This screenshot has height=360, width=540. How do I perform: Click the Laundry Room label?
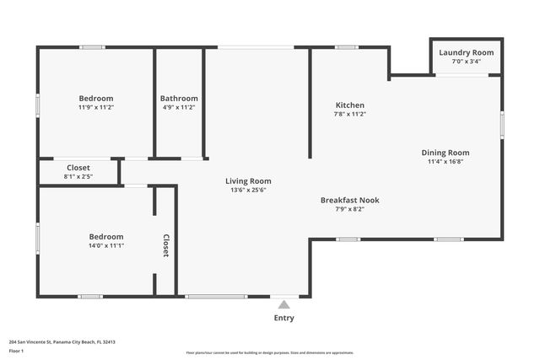click(466, 52)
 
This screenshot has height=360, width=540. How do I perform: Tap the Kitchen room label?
click(349, 105)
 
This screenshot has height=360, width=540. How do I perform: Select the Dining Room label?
click(445, 153)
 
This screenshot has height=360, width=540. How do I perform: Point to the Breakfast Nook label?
click(349, 200)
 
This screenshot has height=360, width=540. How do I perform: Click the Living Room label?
click(248, 180)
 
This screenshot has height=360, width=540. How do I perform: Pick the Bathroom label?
click(180, 98)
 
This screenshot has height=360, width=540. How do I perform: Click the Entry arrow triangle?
click(283, 304)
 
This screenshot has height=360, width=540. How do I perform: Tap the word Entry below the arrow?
click(284, 318)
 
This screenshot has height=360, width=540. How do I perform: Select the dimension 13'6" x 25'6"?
click(248, 190)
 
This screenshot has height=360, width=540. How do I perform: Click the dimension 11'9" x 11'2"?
click(96, 107)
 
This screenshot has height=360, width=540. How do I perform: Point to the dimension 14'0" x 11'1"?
click(106, 245)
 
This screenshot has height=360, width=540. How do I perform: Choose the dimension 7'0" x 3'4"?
click(466, 62)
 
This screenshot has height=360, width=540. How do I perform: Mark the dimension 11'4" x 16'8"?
click(445, 162)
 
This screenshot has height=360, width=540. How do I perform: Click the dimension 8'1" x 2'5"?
click(78, 177)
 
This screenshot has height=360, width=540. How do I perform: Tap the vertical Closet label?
click(166, 245)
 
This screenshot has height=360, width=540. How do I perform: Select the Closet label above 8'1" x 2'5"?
click(78, 168)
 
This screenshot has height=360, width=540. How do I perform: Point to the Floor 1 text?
click(16, 350)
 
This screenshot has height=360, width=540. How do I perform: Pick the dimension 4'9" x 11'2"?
click(180, 107)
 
